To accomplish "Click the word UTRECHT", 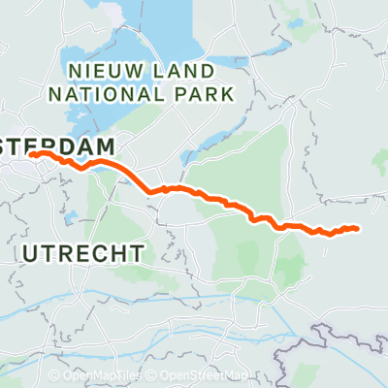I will pos(82,253).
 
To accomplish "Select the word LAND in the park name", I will pos(188,71).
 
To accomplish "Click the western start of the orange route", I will pos(32,153).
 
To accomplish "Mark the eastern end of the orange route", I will pos(358,229).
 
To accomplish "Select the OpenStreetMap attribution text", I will pos(203,375).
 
